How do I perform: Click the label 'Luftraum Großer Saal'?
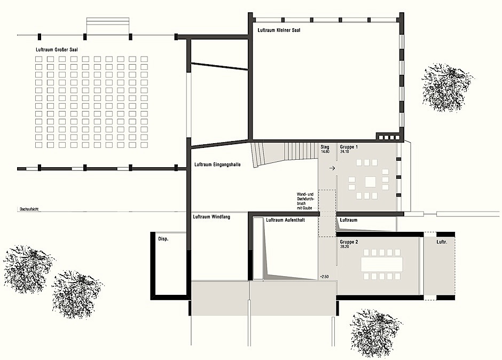tap(57, 50)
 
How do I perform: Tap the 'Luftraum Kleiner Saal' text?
tap(279, 30)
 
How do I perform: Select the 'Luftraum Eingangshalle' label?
tap(217, 165)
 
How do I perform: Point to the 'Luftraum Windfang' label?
tap(211, 217)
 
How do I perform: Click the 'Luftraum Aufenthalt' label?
tap(285, 220)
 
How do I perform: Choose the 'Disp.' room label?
tap(163, 239)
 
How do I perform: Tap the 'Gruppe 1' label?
tap(349, 147)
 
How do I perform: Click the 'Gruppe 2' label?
tap(349, 242)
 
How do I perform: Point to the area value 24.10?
tap(344, 152)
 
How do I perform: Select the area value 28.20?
tap(344, 247)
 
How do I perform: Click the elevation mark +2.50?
tap(324, 276)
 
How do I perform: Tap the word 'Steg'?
tap(325, 147)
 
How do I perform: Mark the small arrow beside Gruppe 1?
tap(332, 168)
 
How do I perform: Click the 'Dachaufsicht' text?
tap(29, 209)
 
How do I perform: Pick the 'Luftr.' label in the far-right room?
tap(442, 242)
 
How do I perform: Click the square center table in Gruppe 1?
tap(371, 182)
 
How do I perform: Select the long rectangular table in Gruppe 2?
tap(382, 264)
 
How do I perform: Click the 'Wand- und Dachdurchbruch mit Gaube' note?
tap(305, 201)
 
